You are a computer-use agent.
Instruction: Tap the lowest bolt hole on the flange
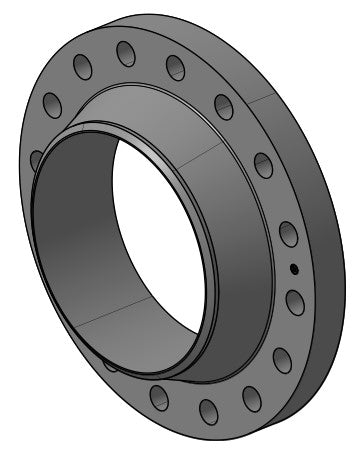[209, 409]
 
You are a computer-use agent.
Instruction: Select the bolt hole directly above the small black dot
[288, 235]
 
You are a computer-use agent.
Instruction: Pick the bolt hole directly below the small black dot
[294, 301]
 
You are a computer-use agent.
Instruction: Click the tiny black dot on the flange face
[293, 268]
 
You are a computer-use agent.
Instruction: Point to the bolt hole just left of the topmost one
[83, 67]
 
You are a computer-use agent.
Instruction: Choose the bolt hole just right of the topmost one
[175, 68]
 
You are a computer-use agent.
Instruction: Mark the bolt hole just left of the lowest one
[159, 396]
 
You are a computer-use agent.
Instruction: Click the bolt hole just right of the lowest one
[252, 398]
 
